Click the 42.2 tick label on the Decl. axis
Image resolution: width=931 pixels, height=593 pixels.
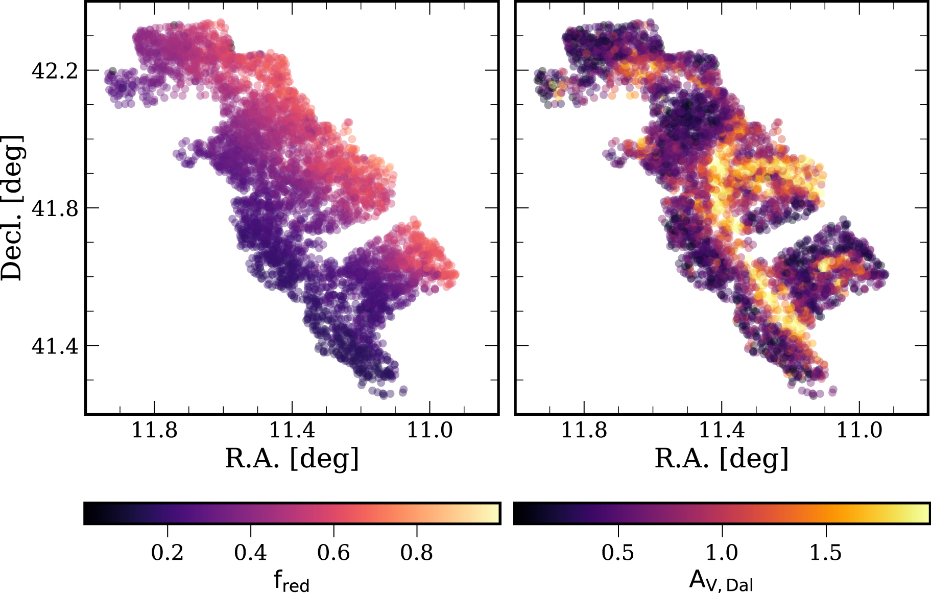pyautogui.click(x=55, y=71)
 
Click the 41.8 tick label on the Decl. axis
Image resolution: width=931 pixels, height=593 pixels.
pyautogui.click(x=55, y=208)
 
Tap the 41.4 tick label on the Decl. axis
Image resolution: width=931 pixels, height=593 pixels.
pyautogui.click(x=55, y=346)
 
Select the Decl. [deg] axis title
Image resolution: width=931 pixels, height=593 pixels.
pyautogui.click(x=12, y=208)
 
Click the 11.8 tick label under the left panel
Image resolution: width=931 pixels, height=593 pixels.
pyautogui.click(x=155, y=431)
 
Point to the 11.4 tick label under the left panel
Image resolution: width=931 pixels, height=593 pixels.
pyautogui.click(x=292, y=431)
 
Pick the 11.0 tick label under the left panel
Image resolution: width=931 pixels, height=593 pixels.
pyautogui.click(x=429, y=431)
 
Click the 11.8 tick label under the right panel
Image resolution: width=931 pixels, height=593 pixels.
pyautogui.click(x=584, y=431)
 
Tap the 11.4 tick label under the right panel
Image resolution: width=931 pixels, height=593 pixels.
pyautogui.click(x=722, y=431)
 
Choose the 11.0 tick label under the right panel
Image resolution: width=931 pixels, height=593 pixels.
pyautogui.click(x=859, y=431)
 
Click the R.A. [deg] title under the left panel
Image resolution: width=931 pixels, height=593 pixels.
pyautogui.click(x=292, y=459)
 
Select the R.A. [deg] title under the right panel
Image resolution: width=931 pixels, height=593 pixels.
pyautogui.click(x=722, y=459)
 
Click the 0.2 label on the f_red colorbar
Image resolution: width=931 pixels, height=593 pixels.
pyautogui.click(x=168, y=553)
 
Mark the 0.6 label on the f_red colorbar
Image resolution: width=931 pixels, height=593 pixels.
pyautogui.click(x=333, y=553)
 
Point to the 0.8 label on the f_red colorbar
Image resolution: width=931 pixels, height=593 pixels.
pyautogui.click(x=417, y=553)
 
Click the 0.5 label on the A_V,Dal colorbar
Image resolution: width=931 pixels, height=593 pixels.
pyautogui.click(x=618, y=553)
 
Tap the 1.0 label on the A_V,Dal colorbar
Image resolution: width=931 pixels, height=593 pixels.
pyautogui.click(x=722, y=553)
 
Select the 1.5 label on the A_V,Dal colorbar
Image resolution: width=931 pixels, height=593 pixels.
pyautogui.click(x=826, y=553)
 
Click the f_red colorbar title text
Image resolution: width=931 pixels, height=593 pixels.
pyautogui.click(x=292, y=581)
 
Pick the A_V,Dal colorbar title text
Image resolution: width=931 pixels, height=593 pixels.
pyautogui.click(x=721, y=581)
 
